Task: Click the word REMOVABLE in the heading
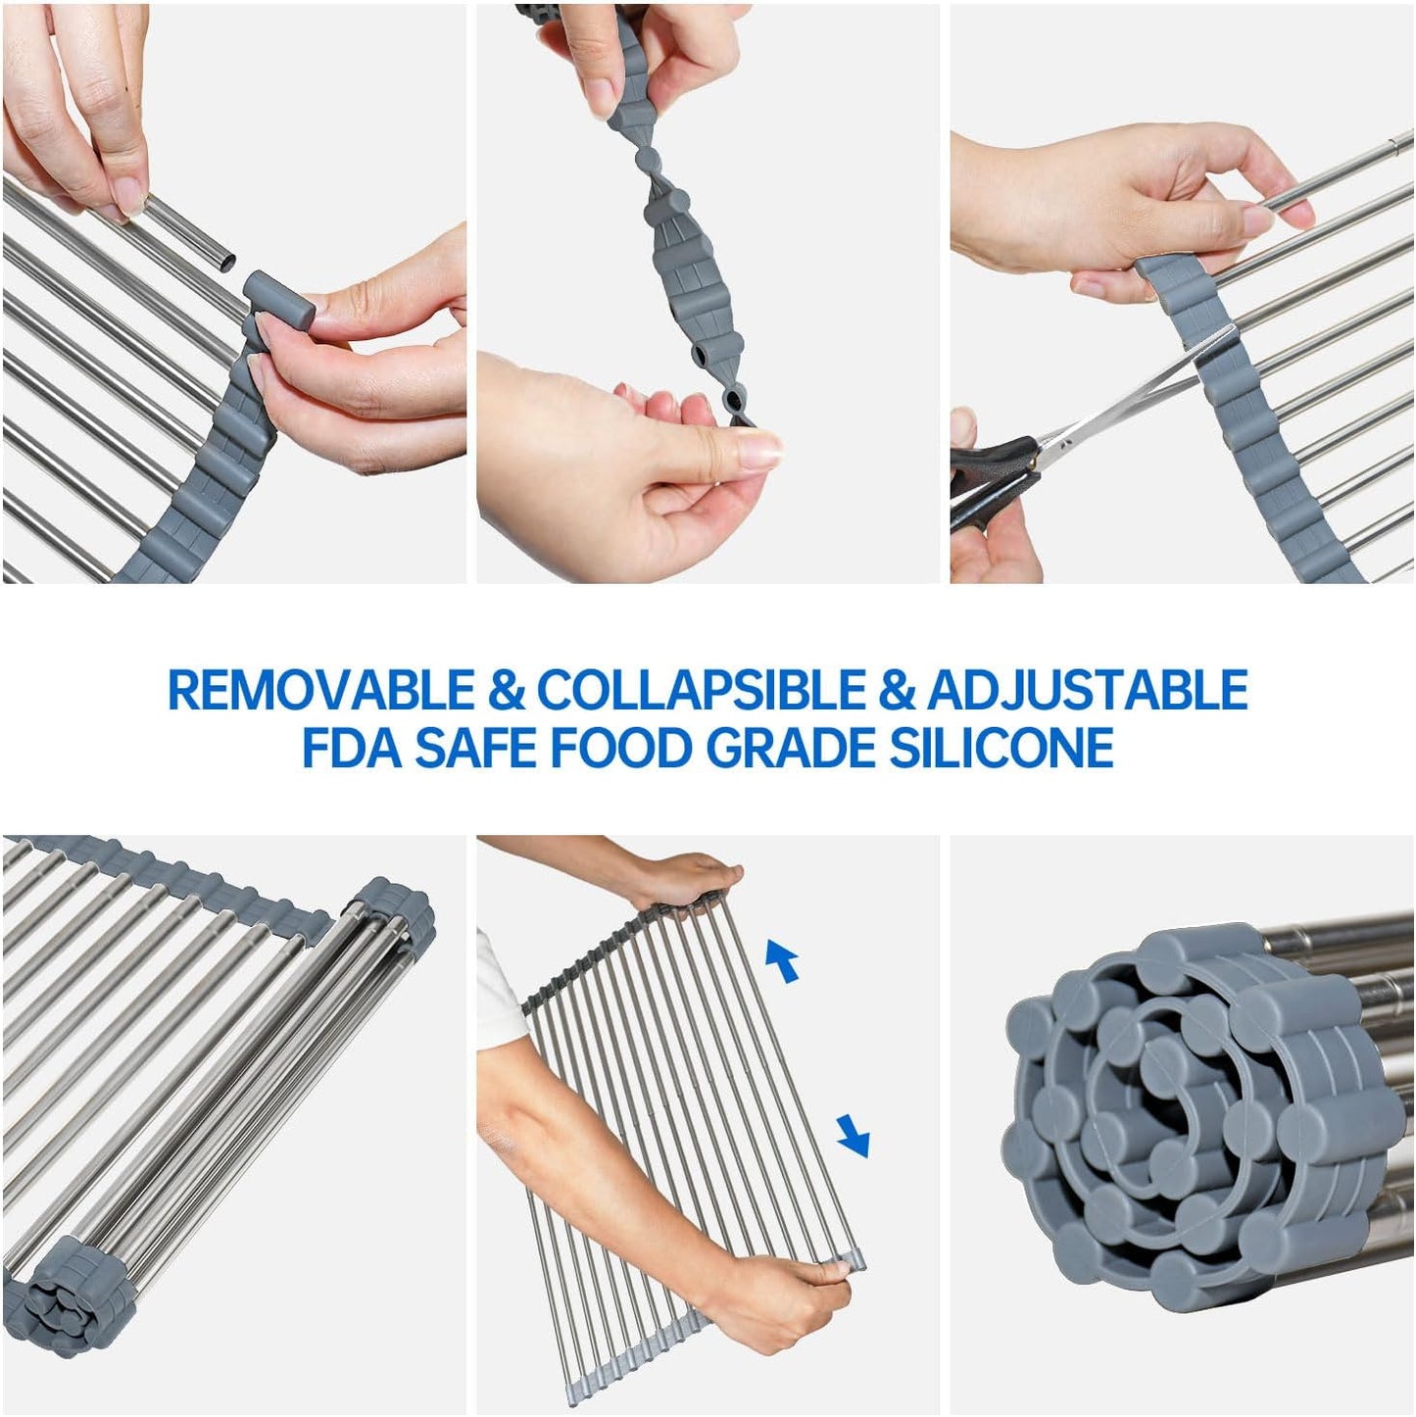coord(321,690)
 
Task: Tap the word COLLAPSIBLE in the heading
coord(701,690)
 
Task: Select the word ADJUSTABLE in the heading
coord(1088,690)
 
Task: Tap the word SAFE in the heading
coord(477,749)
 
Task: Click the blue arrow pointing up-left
coord(782,960)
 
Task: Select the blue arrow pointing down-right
coord(853,1136)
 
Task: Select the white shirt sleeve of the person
coord(499,990)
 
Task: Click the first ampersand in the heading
coord(506,690)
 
